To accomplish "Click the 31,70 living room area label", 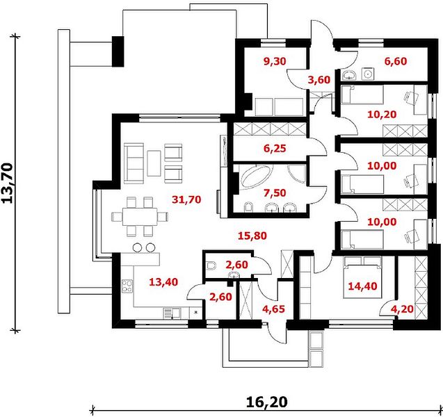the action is point(186,199).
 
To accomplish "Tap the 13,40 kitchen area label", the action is point(163,281).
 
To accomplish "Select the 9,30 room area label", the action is point(275,61).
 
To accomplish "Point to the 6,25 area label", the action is point(275,148).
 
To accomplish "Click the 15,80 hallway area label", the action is point(252,236).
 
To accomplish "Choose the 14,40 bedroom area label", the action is point(362,286).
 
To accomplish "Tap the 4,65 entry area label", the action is point(273,309).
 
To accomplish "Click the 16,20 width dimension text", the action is point(267,402).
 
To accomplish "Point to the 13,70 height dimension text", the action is point(7,183).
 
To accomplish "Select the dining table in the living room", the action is point(140,217).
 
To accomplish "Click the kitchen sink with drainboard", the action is point(172,313).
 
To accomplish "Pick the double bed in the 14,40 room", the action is point(362,277).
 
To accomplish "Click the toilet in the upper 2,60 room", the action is point(211,265).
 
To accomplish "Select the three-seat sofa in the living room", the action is point(134,163).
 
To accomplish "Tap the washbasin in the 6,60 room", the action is point(350,75).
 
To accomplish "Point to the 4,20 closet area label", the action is point(402,309).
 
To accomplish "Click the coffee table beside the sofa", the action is point(154,163).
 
